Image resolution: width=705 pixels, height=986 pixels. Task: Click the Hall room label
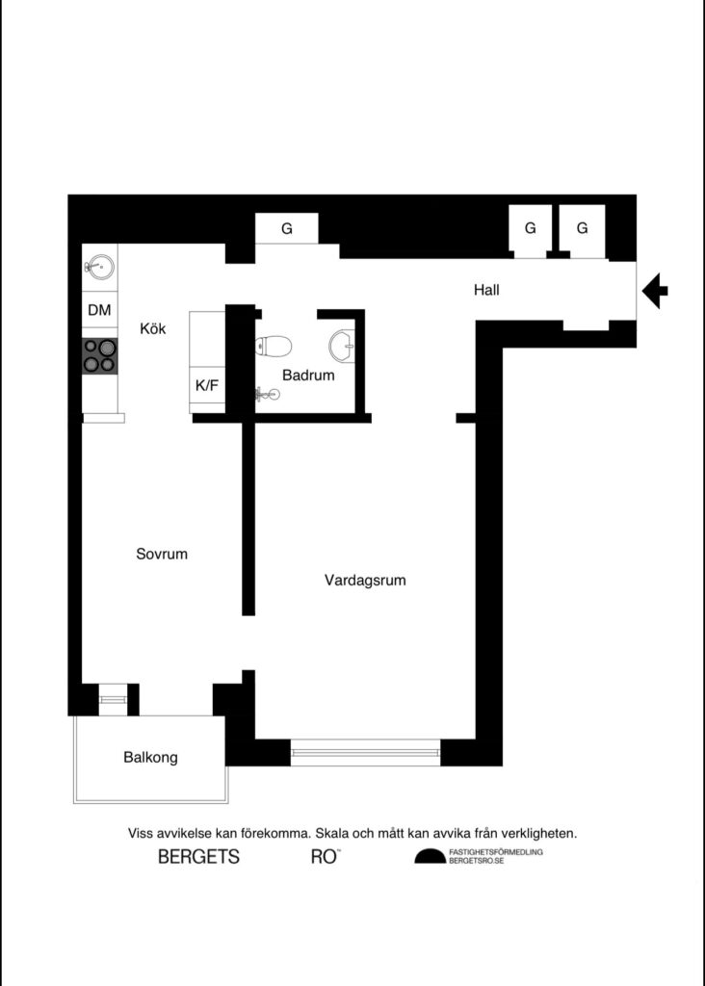click(x=486, y=289)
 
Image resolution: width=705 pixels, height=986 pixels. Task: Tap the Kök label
click(x=153, y=328)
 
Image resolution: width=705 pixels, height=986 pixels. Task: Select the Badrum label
click(x=308, y=376)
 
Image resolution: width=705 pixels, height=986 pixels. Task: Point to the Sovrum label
click(x=161, y=555)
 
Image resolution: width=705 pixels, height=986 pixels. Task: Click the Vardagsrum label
click(x=364, y=581)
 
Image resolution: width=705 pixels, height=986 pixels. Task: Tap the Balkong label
click(x=150, y=758)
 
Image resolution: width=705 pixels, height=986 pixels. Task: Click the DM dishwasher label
click(x=99, y=310)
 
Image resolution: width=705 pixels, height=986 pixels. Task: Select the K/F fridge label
click(x=207, y=385)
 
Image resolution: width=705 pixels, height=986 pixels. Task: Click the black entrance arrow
click(x=655, y=290)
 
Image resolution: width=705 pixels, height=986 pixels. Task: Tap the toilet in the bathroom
click(x=274, y=346)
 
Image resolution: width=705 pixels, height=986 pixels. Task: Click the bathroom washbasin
click(x=342, y=343)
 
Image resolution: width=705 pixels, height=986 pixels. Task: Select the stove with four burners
click(x=99, y=355)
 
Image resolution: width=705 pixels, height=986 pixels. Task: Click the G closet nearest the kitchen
click(x=286, y=229)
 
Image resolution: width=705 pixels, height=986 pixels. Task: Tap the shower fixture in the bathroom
click(x=267, y=393)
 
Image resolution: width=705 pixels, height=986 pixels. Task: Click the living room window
click(x=365, y=752)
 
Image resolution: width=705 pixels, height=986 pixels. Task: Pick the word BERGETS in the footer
click(x=198, y=857)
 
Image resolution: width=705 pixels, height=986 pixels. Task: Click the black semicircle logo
click(x=431, y=857)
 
